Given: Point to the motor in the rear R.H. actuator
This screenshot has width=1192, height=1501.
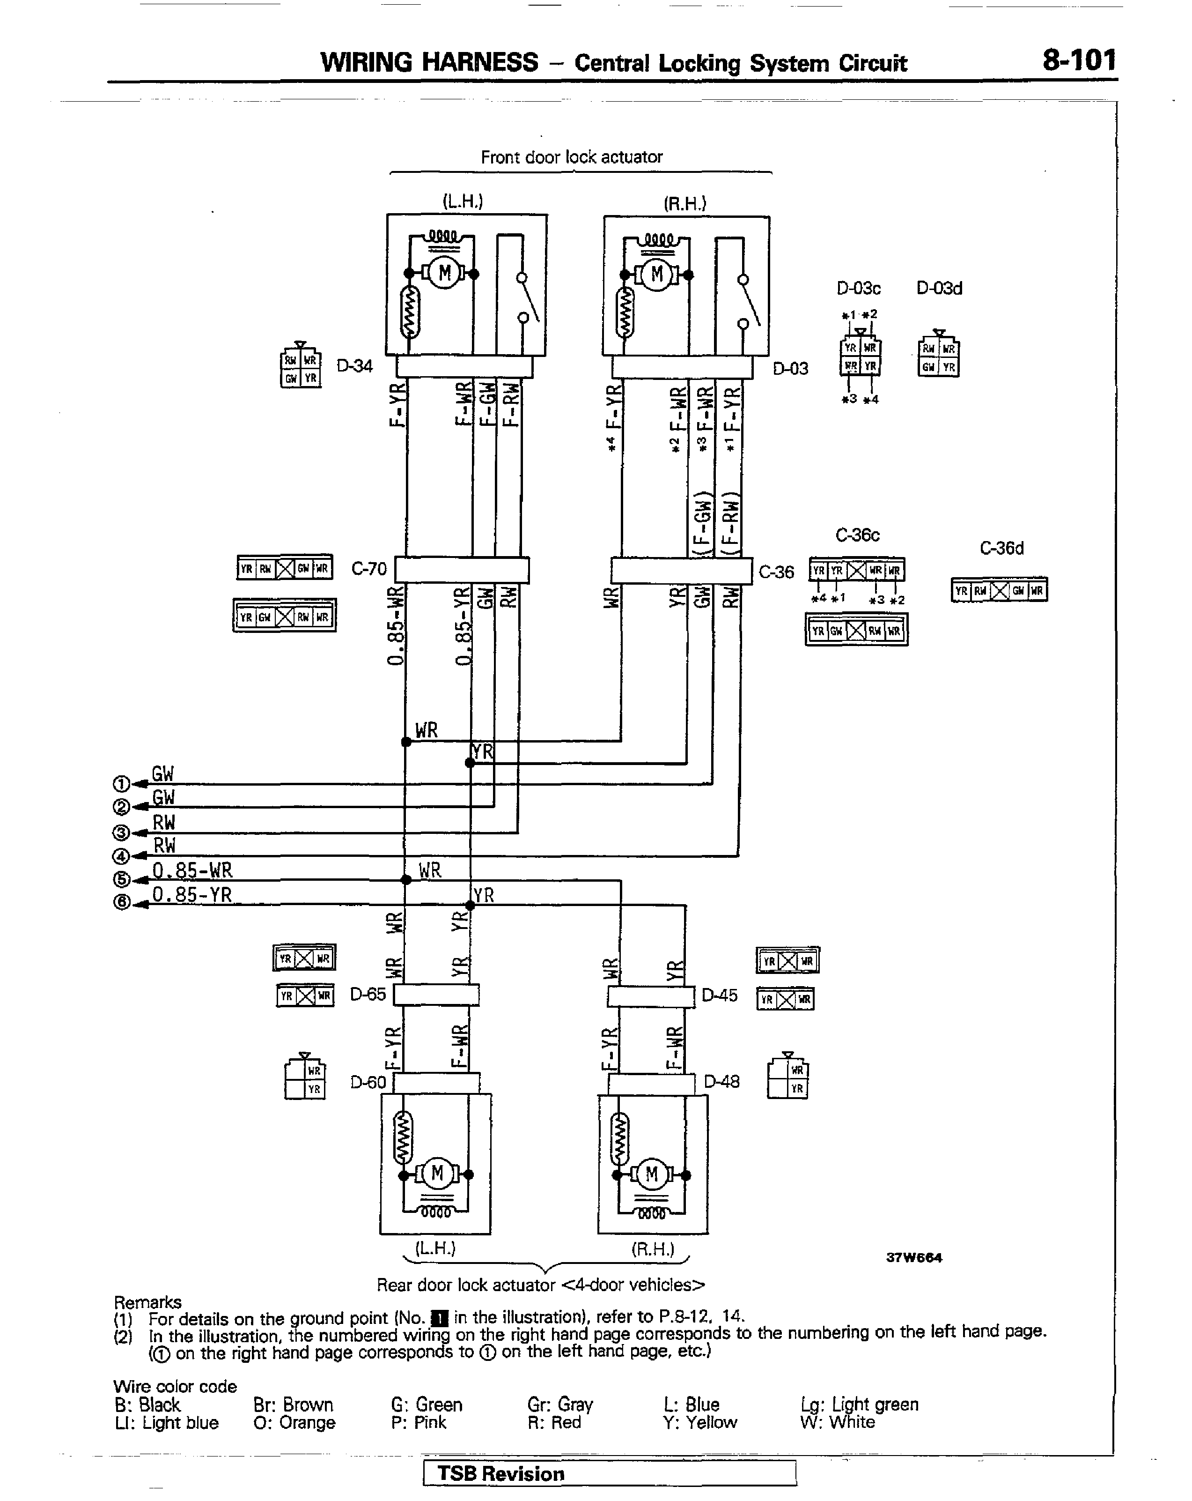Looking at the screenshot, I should [651, 1174].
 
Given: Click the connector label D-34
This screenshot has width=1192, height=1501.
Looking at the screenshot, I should [354, 366].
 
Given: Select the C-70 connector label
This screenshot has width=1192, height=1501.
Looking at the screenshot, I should [369, 569].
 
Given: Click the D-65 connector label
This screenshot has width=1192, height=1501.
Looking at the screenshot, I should [368, 994].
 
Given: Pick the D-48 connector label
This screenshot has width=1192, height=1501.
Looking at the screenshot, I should [721, 1081].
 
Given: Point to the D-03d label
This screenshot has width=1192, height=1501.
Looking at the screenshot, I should [939, 288].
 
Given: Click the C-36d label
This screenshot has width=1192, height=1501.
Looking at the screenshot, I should [1001, 549].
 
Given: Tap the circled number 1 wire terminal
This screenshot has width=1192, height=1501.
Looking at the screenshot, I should [121, 784].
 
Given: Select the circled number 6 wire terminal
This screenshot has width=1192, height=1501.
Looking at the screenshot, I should [121, 902].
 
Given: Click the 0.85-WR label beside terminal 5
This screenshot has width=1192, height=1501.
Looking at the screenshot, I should [192, 870].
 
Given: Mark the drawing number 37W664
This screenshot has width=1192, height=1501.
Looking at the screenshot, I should [913, 1257].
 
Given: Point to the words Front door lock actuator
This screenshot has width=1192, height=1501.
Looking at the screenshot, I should [571, 157].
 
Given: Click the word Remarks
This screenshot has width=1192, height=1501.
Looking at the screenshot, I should [147, 1302].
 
